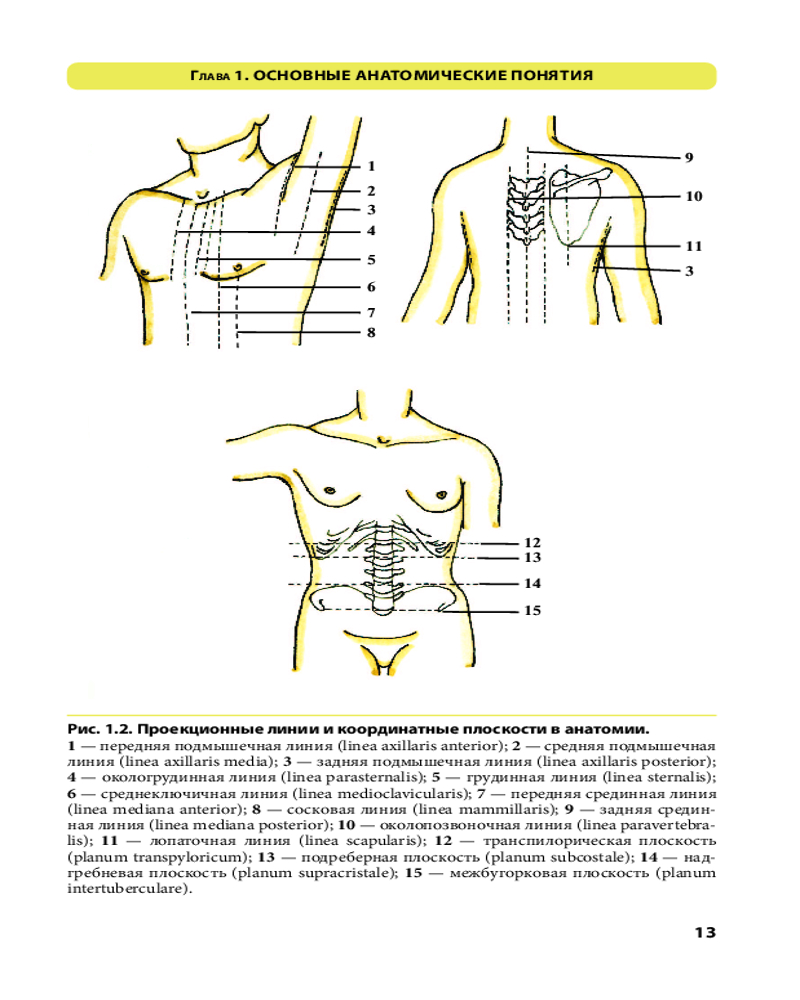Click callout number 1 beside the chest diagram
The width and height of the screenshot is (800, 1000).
coord(370,166)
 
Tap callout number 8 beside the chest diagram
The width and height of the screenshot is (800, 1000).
coord(370,333)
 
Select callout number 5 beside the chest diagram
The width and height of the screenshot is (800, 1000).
coord(370,260)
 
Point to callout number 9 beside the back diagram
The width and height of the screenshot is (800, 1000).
coord(689,157)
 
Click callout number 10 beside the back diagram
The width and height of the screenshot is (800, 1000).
coord(693,197)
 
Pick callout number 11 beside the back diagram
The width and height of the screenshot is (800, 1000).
coord(693,246)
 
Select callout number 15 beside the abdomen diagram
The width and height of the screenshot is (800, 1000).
coord(532,610)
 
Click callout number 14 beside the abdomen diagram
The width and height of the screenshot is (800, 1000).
coord(532,583)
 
